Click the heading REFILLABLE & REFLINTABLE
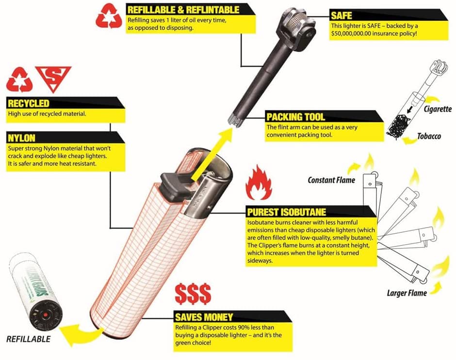click(x=183, y=10)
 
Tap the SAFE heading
click(x=342, y=16)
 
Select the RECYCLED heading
click(x=29, y=103)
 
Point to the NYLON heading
click(x=21, y=138)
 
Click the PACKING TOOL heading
click(x=295, y=117)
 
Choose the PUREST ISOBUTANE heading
click(x=286, y=212)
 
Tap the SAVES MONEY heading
click(x=204, y=317)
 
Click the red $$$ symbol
click(x=193, y=294)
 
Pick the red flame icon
click(x=259, y=182)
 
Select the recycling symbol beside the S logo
click(x=19, y=80)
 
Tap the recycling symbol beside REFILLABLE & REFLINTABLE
click(x=109, y=16)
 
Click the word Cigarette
click(x=438, y=109)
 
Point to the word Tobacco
click(x=429, y=136)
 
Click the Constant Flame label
click(x=331, y=180)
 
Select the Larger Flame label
click(x=407, y=293)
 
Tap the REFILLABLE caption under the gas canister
click(x=29, y=339)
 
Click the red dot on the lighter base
click(x=45, y=315)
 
